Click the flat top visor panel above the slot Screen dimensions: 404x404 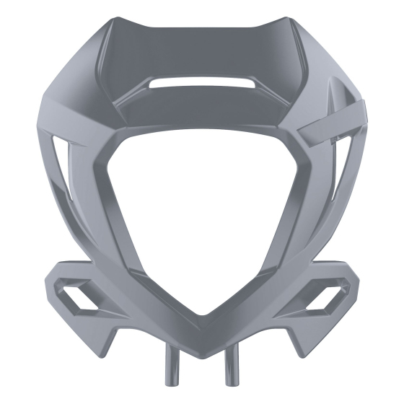pos(201,50)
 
